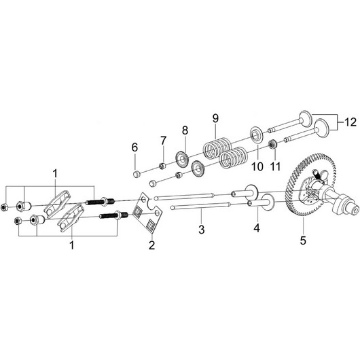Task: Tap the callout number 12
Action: coord(350,122)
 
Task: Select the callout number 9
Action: coord(215,118)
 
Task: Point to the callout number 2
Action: coord(151,245)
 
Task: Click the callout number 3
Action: coord(201,230)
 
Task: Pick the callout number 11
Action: coord(275,166)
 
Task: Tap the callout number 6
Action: coord(134,147)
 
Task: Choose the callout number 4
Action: coord(257,228)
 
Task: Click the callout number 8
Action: coord(185,130)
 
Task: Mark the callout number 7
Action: coord(163,141)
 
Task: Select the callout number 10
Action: coord(257,166)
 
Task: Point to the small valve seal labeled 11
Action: coord(273,145)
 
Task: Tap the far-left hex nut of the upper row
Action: coord(4,207)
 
